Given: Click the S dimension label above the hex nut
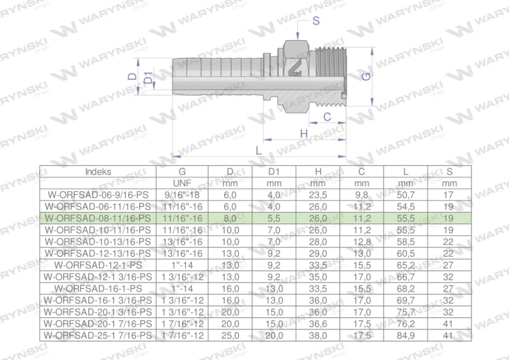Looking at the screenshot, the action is pyautogui.click(x=316, y=21).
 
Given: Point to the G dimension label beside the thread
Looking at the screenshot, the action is pyautogui.click(x=366, y=77).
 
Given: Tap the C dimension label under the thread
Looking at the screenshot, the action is pyautogui.click(x=327, y=117).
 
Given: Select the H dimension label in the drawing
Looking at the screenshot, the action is pyautogui.click(x=304, y=134).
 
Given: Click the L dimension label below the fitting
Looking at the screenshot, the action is pyautogui.click(x=259, y=150).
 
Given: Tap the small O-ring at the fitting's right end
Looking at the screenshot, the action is pyautogui.click(x=344, y=95).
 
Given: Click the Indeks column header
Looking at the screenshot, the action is pyautogui.click(x=98, y=172).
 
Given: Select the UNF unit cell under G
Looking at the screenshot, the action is pyautogui.click(x=182, y=183).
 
